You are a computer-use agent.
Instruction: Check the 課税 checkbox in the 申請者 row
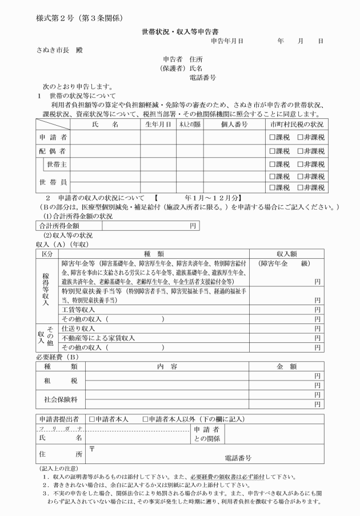[273, 138]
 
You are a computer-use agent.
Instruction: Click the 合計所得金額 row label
[58, 226]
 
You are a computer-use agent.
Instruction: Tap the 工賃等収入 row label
[79, 309]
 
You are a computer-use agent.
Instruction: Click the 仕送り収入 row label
[78, 329]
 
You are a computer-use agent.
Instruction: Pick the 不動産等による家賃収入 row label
[98, 338]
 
